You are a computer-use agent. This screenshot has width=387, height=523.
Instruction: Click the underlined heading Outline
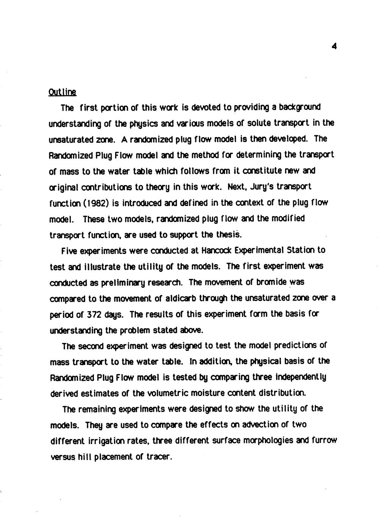pos(62,92)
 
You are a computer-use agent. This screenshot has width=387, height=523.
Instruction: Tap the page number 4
pos(334,47)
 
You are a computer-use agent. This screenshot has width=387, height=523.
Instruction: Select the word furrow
pos(324,441)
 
